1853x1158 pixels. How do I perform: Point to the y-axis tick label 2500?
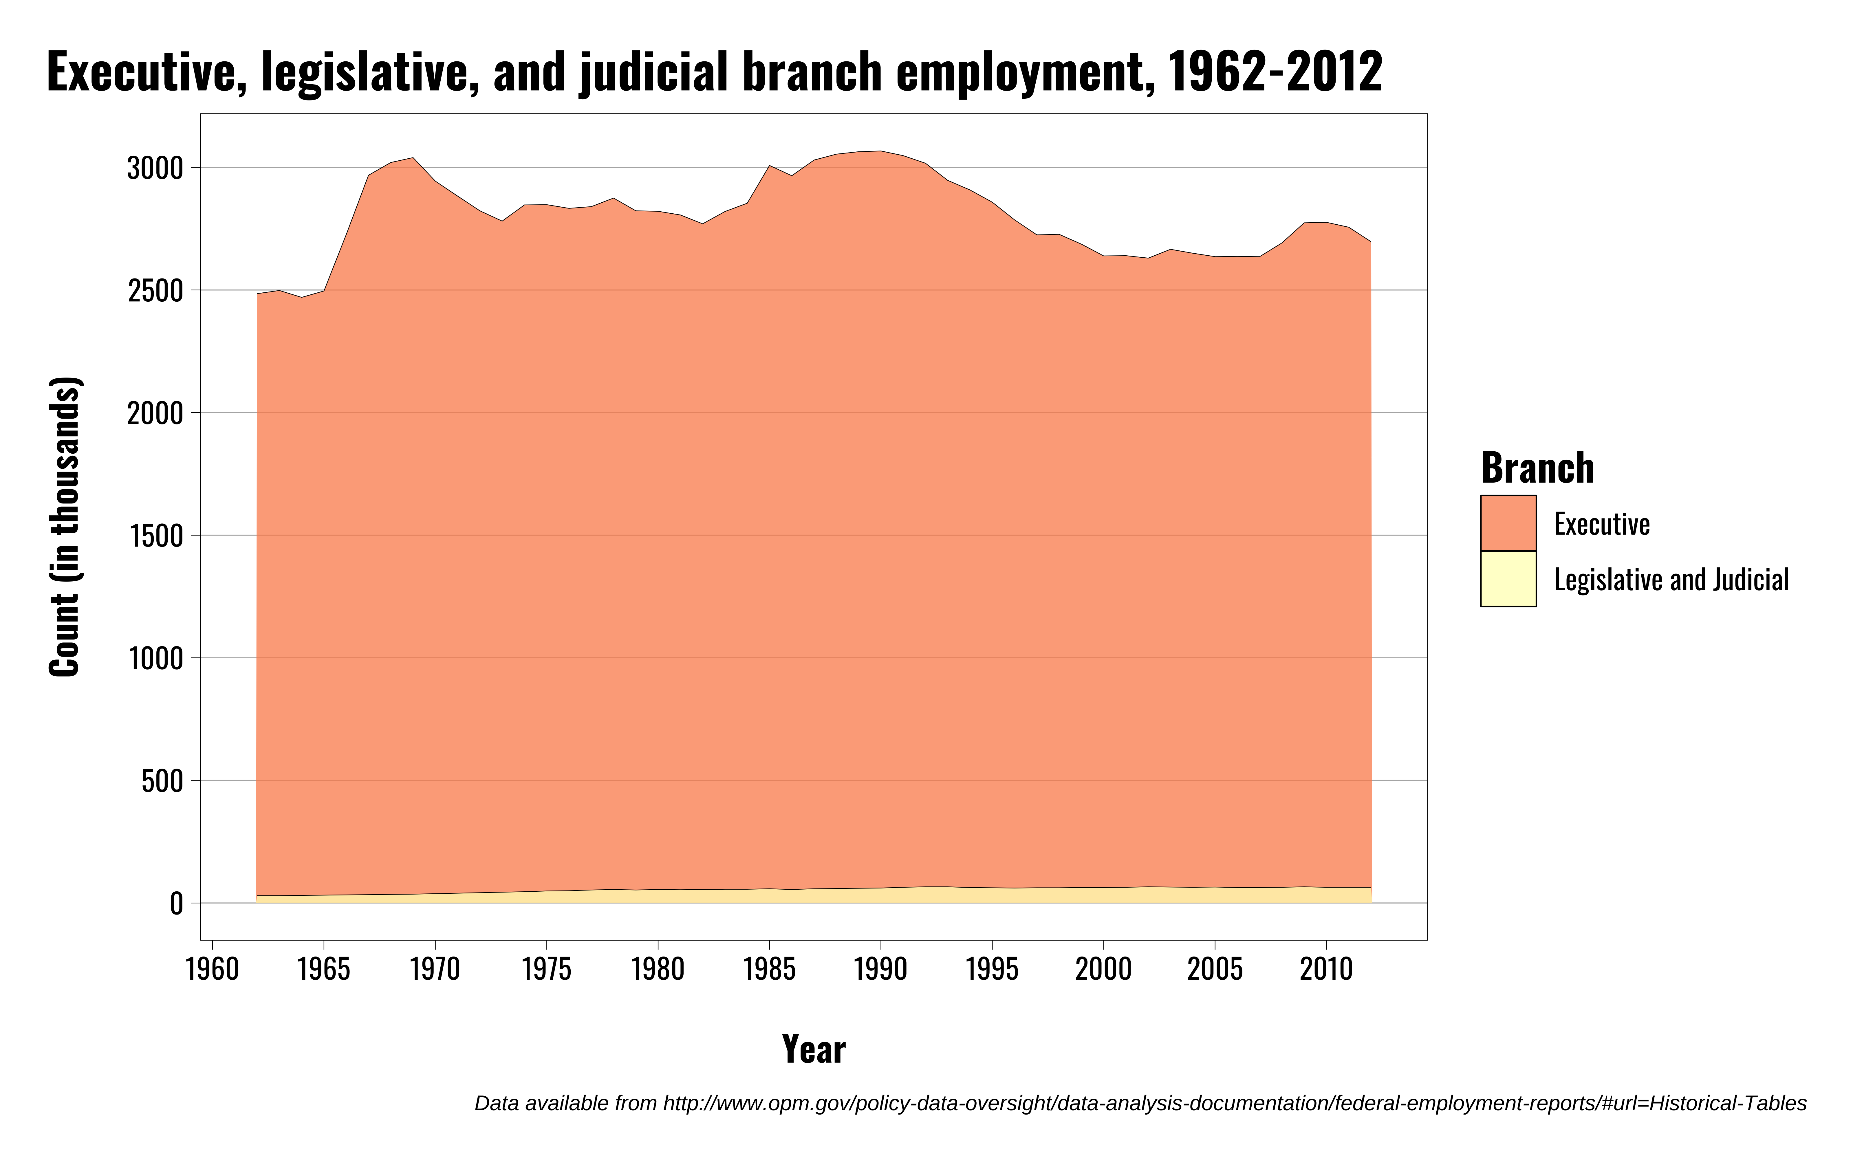tap(155, 291)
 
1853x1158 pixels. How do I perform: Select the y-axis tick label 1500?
tap(155, 536)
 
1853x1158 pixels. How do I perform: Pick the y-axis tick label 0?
tap(177, 904)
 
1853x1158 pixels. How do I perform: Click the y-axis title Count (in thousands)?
tap(64, 527)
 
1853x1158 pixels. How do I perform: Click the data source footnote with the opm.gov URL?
tap(1140, 1104)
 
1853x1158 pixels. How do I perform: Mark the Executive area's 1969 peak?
tap(413, 159)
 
